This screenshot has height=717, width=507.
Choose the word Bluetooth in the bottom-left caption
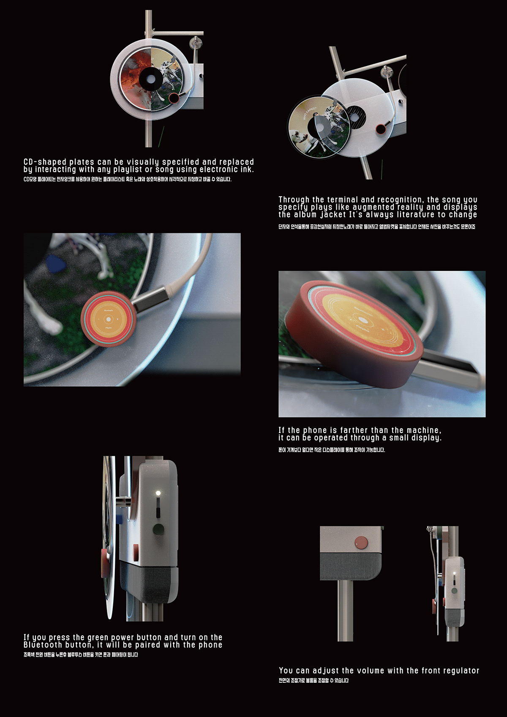pyautogui.click(x=43, y=645)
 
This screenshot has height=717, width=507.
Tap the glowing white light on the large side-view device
pyautogui.click(x=158, y=493)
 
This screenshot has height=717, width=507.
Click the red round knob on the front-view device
pyautogui.click(x=362, y=542)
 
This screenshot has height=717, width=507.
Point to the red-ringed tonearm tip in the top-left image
pyautogui.click(x=174, y=99)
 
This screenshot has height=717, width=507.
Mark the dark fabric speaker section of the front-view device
pyautogui.click(x=350, y=566)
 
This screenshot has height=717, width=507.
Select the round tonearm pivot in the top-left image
pyautogui.click(x=196, y=43)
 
